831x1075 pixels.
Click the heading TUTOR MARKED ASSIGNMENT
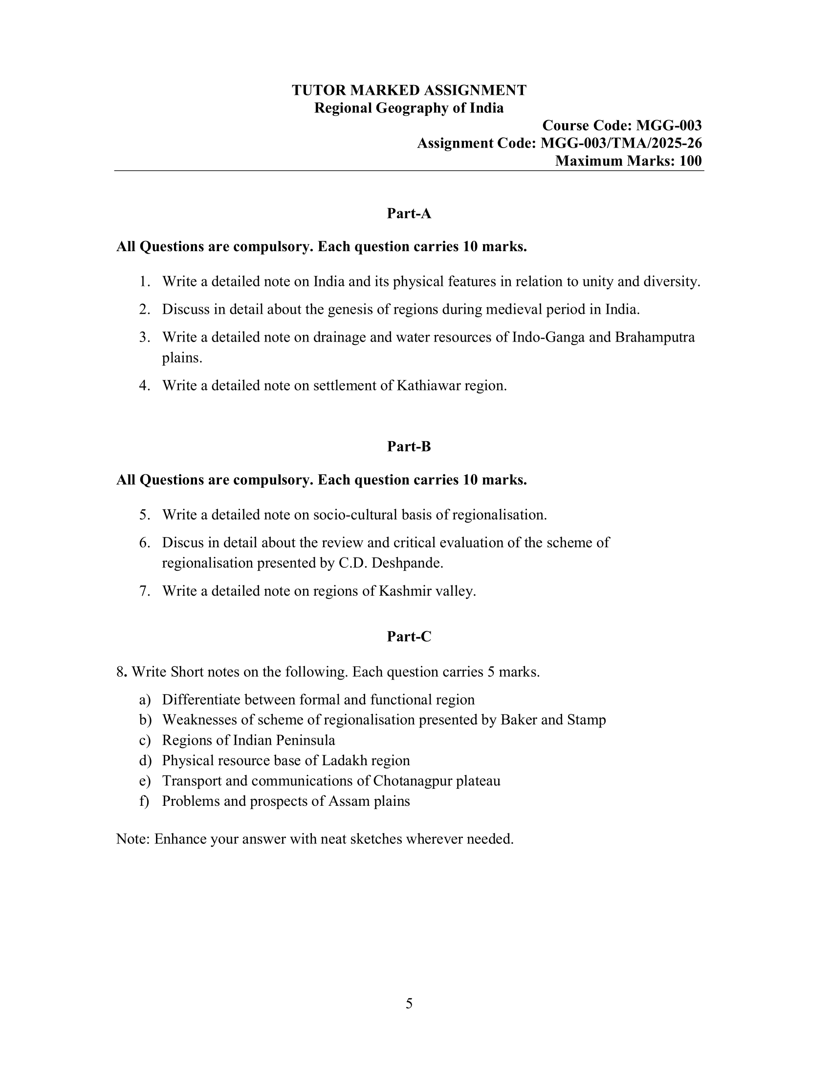point(409,90)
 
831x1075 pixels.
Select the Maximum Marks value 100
point(690,161)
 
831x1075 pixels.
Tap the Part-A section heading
point(409,214)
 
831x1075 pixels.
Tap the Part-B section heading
point(409,447)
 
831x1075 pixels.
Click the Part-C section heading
point(409,637)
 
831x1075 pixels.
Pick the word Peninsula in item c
point(305,741)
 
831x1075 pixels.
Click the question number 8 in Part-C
point(120,672)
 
